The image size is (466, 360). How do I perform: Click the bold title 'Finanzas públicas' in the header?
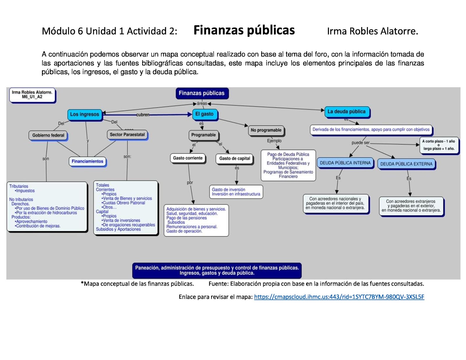point(244,30)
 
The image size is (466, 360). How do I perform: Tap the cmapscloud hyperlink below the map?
point(339,297)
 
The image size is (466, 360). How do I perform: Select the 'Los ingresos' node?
point(84,114)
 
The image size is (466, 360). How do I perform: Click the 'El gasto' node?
point(204,114)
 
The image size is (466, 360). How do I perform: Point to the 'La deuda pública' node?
point(346,111)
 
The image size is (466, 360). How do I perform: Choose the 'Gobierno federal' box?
point(48,135)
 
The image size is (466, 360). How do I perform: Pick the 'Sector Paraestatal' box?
point(127,134)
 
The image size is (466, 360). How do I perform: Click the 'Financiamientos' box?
point(87,161)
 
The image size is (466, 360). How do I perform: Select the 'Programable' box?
point(204,135)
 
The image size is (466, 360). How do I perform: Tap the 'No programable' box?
point(266,130)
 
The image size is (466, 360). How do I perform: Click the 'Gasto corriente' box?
point(188,158)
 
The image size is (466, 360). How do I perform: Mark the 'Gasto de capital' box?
point(235,158)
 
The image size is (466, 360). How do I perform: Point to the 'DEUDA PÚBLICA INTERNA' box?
point(345,163)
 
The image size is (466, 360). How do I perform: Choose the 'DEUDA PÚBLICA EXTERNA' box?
point(406,164)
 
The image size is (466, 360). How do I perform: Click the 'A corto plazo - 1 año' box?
point(438,145)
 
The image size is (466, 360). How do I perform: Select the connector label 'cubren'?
point(143,115)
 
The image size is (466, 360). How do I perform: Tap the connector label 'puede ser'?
point(360,143)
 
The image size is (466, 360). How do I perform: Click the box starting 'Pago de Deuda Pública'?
point(288,165)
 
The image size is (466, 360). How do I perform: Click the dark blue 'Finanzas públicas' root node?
point(202,93)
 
